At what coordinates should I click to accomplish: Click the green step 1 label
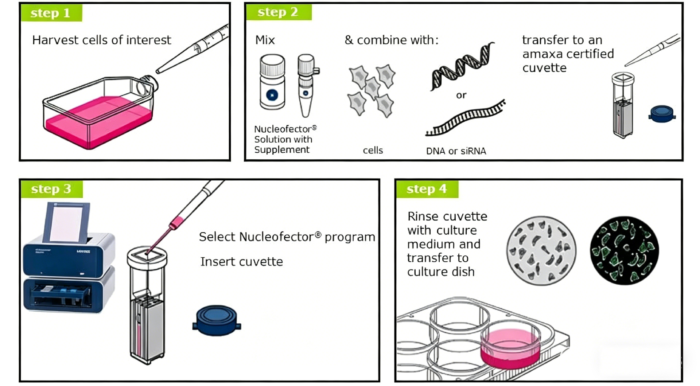[x=51, y=13]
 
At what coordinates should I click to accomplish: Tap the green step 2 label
[x=279, y=12]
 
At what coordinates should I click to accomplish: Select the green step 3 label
[x=51, y=189]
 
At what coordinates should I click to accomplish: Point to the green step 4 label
[x=427, y=189]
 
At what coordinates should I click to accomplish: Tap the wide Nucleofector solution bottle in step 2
[x=272, y=82]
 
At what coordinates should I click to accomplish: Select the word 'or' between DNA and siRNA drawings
[x=461, y=95]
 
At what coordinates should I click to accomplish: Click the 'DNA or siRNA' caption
[x=456, y=151]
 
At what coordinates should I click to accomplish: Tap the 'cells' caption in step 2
[x=373, y=151]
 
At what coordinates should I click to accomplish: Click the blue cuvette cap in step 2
[x=662, y=114]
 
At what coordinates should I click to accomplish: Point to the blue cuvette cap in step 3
[x=217, y=320]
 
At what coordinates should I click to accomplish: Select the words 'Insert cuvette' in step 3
[x=241, y=262]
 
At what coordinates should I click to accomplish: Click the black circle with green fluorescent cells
[x=625, y=250]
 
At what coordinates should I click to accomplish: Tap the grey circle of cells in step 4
[x=541, y=250]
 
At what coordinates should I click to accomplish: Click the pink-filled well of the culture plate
[x=510, y=348]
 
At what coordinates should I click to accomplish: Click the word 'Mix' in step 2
[x=265, y=40]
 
